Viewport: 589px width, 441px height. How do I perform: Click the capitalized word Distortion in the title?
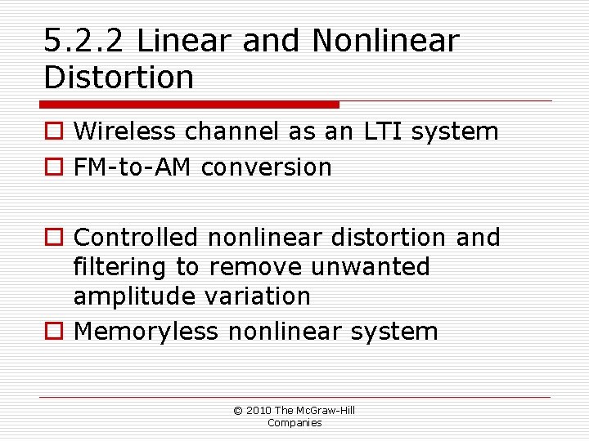click(119, 78)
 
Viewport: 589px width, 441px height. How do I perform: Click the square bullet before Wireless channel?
click(54, 132)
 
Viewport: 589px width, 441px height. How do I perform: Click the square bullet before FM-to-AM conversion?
click(54, 168)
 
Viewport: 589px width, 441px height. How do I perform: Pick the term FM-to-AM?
click(133, 167)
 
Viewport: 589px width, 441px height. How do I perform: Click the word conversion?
click(267, 167)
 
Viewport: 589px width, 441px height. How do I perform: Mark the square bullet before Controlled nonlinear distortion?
click(54, 238)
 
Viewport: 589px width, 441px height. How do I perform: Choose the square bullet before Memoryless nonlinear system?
click(54, 332)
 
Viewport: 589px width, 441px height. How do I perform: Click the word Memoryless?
click(146, 332)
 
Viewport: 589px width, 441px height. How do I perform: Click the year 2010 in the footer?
click(259, 410)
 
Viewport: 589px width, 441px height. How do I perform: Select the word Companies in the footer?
click(294, 422)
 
